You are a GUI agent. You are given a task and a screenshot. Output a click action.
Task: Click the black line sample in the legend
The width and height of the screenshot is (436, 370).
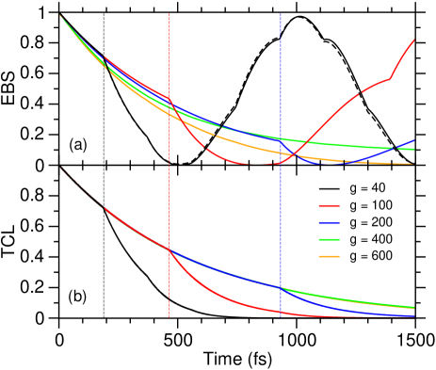point(329,188)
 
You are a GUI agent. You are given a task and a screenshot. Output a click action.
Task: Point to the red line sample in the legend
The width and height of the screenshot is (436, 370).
point(329,205)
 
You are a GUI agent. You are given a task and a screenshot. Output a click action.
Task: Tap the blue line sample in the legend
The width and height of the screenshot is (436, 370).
point(329,222)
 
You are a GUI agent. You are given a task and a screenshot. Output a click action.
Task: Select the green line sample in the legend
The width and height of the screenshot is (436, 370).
point(329,239)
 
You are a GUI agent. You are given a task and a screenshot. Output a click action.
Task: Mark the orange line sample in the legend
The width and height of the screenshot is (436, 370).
point(329,256)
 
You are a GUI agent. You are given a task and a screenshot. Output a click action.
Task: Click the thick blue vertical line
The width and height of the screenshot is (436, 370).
point(281,94)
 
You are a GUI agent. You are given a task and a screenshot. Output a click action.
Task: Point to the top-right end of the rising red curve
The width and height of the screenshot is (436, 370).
point(414,40)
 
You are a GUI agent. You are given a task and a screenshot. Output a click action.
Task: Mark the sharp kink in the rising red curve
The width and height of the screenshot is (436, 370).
point(391,78)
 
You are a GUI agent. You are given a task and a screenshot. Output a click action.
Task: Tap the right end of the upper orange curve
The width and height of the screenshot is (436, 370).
point(414,165)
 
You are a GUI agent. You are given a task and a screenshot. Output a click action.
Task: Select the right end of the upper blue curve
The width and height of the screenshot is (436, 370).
point(414,141)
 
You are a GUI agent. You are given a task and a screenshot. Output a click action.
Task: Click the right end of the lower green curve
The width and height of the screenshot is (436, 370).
point(414,307)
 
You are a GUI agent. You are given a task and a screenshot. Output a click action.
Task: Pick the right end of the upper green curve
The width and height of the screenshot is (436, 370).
point(414,150)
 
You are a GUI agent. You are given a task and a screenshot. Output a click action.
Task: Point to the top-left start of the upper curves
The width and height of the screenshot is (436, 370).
point(60,15)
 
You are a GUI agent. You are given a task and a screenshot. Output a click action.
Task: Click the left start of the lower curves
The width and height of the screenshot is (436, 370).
point(61,168)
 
